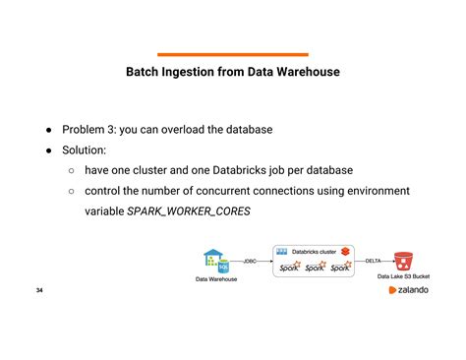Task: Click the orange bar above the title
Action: pyautogui.click(x=233, y=54)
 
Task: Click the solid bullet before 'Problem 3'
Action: pyautogui.click(x=46, y=130)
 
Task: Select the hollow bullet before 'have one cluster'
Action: pyautogui.click(x=72, y=171)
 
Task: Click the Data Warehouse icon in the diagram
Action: pyautogui.click(x=215, y=262)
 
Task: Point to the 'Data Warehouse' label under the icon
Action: pyautogui.click(x=215, y=280)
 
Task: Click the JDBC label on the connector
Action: pyautogui.click(x=251, y=261)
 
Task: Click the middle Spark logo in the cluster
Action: pyautogui.click(x=315, y=268)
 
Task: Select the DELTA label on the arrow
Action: pyautogui.click(x=374, y=261)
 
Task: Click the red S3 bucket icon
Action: pyautogui.click(x=402, y=261)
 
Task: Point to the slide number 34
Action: pyautogui.click(x=39, y=291)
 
